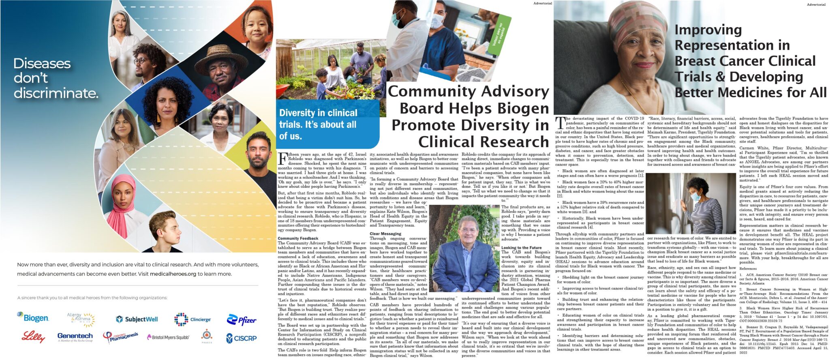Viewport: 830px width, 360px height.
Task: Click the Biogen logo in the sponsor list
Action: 33,318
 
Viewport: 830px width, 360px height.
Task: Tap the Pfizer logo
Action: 242,320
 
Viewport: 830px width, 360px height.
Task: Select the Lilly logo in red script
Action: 33,336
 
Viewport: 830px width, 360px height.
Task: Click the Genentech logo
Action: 75,336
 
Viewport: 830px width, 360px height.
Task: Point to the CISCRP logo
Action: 242,337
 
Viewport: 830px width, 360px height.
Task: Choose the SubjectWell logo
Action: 137,319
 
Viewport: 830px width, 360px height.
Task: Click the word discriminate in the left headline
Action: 56,93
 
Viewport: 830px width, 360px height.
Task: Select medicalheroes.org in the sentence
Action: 173,274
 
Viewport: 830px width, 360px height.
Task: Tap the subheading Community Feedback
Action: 298,238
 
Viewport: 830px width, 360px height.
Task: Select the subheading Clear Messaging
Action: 385,234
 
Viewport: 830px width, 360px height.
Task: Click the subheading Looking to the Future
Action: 521,248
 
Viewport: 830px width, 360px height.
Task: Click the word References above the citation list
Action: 748,268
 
